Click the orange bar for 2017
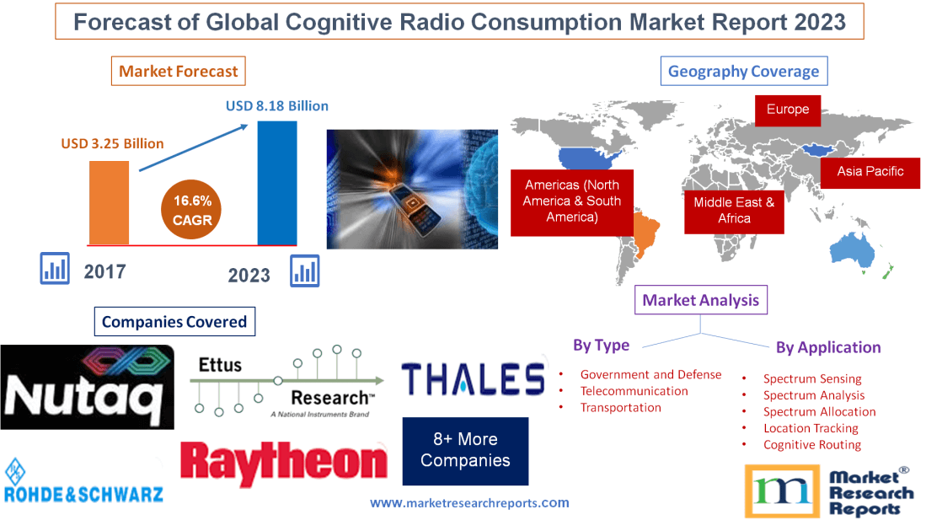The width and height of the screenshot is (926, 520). pyautogui.click(x=109, y=202)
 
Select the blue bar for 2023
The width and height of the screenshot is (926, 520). pyautogui.click(x=277, y=183)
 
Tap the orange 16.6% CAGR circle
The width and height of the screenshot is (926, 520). pyautogui.click(x=193, y=211)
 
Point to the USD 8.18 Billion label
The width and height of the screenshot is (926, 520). pyautogui.click(x=277, y=106)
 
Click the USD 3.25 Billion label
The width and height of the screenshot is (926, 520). pyautogui.click(x=112, y=143)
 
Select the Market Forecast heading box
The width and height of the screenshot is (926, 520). pyautogui.click(x=179, y=72)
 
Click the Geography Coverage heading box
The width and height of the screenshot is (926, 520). pyautogui.click(x=743, y=72)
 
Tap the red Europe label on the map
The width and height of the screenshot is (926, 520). pyautogui.click(x=788, y=110)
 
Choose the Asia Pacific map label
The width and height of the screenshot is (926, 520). pyautogui.click(x=870, y=172)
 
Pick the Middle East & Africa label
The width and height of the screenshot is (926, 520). pyautogui.click(x=734, y=210)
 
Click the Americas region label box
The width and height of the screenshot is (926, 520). pyautogui.click(x=572, y=201)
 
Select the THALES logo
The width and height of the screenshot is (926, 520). pyautogui.click(x=472, y=379)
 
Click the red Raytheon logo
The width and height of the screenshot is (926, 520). pyautogui.click(x=284, y=464)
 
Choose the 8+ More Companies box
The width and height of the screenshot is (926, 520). pyautogui.click(x=465, y=450)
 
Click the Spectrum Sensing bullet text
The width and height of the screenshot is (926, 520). pyautogui.click(x=812, y=379)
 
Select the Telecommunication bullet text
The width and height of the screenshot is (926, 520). pyautogui.click(x=634, y=391)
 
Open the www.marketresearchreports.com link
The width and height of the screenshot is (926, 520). pyautogui.click(x=469, y=503)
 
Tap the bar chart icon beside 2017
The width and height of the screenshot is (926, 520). pyautogui.click(x=55, y=269)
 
